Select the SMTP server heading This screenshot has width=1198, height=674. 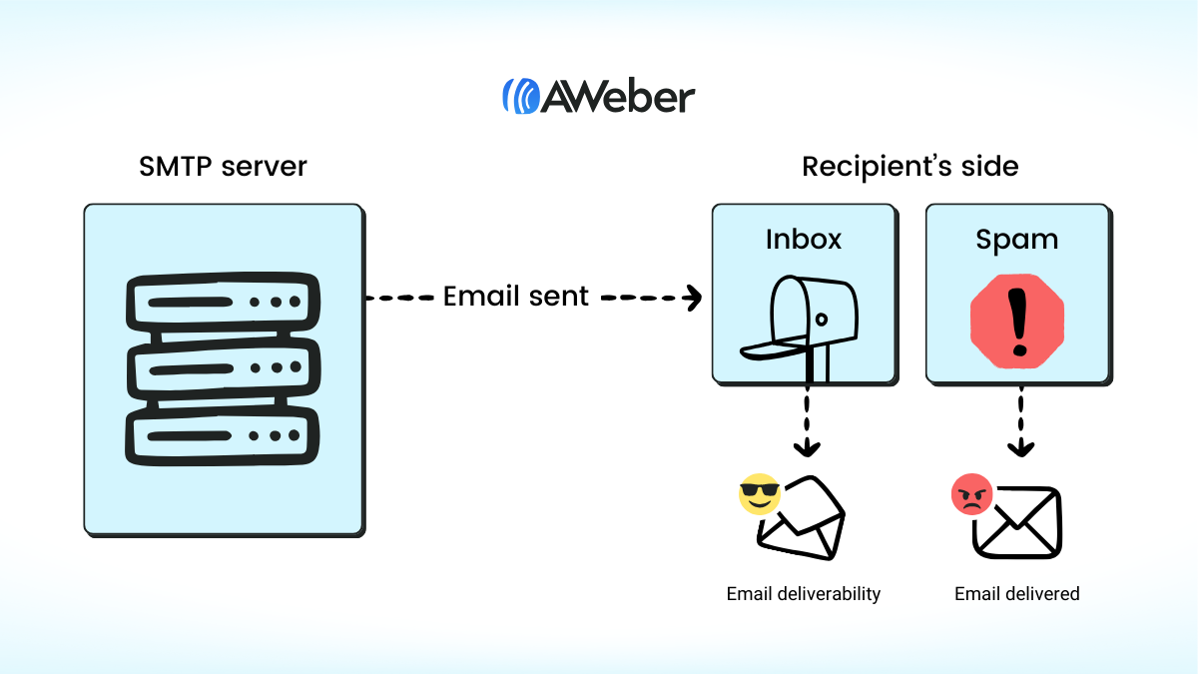[223, 166]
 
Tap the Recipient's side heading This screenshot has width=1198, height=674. [909, 166]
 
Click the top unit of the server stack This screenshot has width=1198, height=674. [223, 301]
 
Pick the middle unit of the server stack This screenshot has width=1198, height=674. [223, 368]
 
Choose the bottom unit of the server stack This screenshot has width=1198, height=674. [223, 436]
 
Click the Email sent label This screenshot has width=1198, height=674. [516, 297]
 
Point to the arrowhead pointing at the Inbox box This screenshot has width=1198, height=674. [692, 298]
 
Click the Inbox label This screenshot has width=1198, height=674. [804, 240]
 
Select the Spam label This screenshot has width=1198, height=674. [1016, 240]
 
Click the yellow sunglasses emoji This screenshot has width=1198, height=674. [761, 494]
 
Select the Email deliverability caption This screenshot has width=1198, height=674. [804, 594]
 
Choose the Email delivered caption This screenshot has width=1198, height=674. [1017, 594]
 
